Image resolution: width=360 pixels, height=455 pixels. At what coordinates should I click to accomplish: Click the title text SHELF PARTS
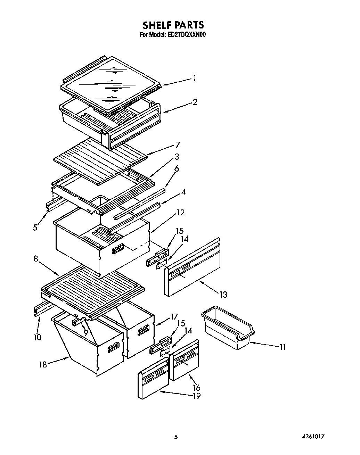tap(173, 25)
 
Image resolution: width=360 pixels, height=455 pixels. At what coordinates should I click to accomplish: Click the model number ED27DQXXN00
tap(189, 34)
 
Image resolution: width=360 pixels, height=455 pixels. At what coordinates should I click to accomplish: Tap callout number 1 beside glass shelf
tap(195, 78)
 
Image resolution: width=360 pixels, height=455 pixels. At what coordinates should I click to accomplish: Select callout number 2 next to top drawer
tap(195, 102)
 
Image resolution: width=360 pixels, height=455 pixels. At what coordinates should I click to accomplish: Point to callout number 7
tap(178, 145)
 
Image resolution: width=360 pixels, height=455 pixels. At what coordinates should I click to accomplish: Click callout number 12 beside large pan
tap(181, 212)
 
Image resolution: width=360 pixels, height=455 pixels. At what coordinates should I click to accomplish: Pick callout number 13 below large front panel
tap(223, 295)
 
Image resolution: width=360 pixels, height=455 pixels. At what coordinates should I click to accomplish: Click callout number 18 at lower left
tap(43, 365)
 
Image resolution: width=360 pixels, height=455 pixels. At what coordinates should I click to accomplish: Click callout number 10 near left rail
tap(38, 337)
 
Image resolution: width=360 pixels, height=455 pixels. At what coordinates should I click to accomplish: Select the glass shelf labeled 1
tap(111, 83)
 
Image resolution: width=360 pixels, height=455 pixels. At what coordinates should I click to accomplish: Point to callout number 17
tap(174, 317)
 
